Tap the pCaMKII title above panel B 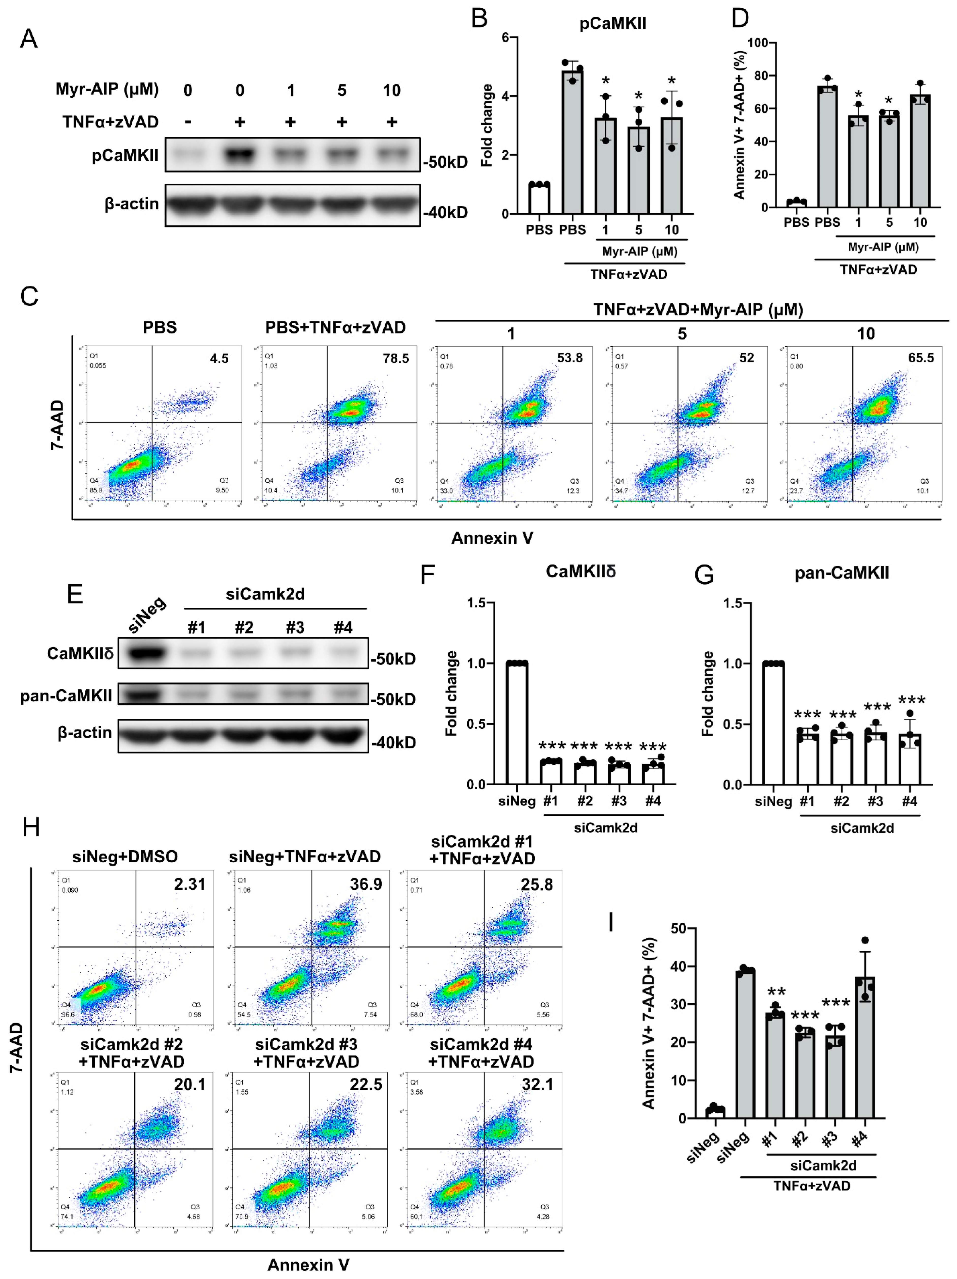point(612,24)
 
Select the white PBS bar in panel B point(539,198)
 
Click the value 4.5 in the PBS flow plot point(219,359)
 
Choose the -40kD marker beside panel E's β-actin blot point(393,742)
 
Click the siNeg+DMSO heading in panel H point(125,856)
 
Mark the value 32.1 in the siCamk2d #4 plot point(537,1084)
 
